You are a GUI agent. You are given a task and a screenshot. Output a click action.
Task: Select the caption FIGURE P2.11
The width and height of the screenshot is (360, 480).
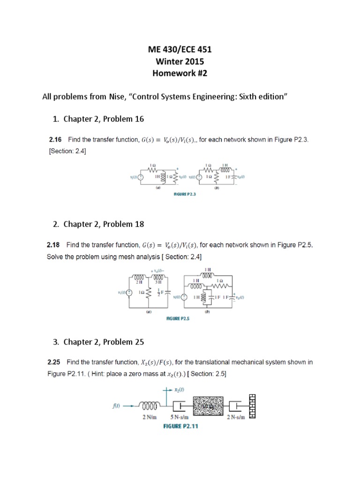click(181, 427)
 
